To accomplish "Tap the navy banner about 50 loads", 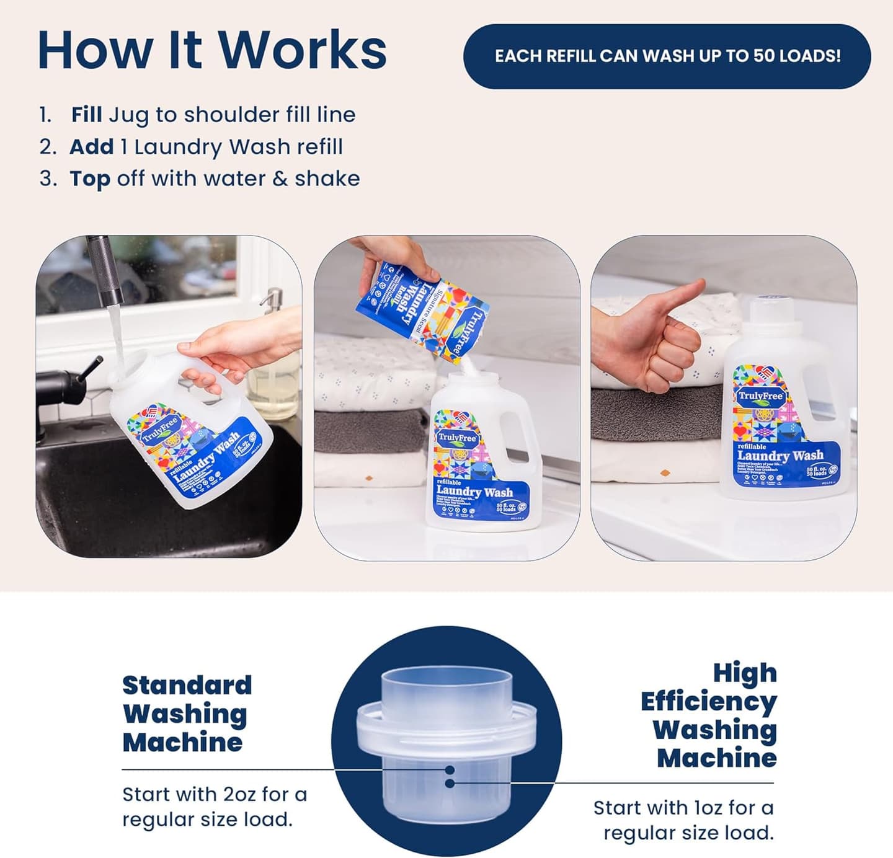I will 667,56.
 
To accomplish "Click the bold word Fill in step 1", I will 86,115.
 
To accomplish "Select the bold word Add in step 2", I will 91,147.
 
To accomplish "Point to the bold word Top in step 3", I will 90,179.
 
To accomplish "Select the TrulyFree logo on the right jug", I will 760,396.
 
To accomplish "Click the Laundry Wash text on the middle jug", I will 474,492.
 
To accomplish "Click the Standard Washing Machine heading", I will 187,714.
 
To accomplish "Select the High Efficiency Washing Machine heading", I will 709,715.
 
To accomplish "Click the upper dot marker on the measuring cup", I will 450,770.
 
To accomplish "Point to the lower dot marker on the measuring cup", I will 450,784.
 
